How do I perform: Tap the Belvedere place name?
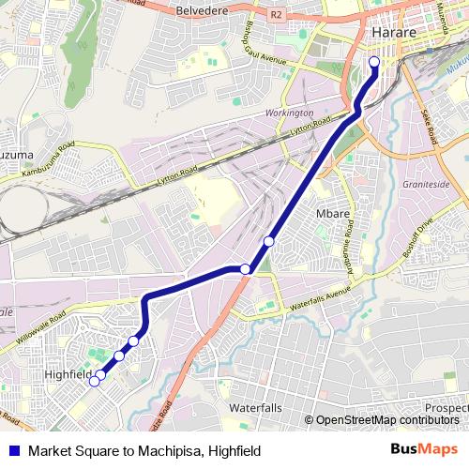pos(205,10)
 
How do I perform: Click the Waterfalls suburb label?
pos(255,409)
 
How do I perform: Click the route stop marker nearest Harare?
pos(374,63)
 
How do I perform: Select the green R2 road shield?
pos(276,15)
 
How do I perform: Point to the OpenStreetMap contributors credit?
pos(384,420)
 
